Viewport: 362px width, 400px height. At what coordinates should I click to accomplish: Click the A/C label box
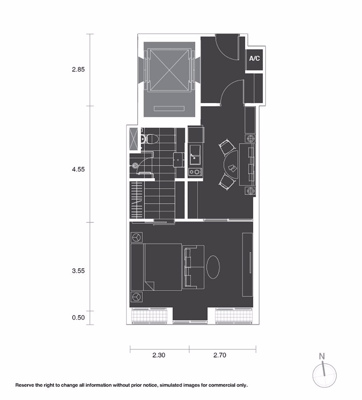(254, 59)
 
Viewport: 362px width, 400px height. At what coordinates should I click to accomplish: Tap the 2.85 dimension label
(78, 69)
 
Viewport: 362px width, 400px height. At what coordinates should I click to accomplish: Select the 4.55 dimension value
(78, 170)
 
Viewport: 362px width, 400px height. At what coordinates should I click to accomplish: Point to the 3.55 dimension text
(78, 271)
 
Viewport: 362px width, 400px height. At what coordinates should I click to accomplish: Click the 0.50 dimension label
(78, 318)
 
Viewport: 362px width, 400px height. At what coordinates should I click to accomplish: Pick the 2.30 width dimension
(159, 354)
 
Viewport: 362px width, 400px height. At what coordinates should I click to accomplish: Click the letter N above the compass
(322, 356)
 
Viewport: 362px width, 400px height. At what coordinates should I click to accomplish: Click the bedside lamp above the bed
(136, 237)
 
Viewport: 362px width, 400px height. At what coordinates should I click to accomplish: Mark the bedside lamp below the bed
(136, 297)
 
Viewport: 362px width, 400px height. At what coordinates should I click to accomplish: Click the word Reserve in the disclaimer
(26, 386)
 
